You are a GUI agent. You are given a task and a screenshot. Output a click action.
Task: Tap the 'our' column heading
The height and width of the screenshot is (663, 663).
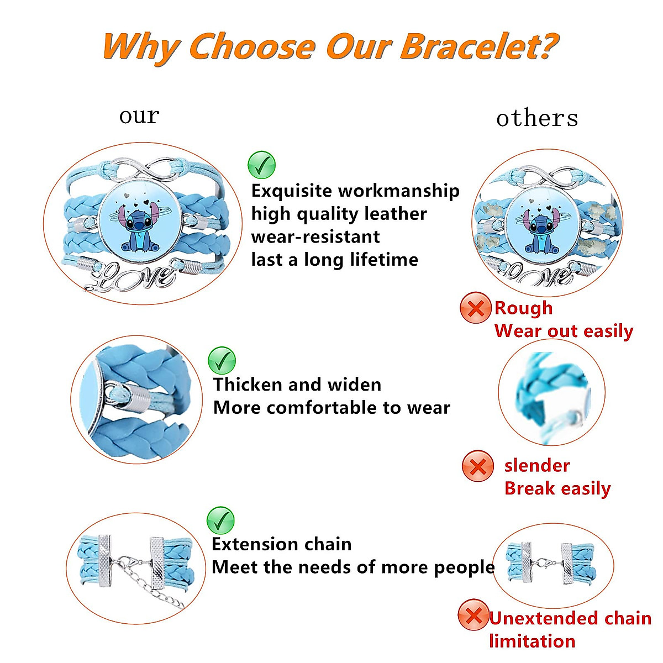[x=139, y=116]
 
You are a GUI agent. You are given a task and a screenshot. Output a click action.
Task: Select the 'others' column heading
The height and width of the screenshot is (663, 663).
[x=537, y=118]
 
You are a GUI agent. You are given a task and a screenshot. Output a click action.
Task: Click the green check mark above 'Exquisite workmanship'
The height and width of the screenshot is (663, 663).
[x=261, y=165]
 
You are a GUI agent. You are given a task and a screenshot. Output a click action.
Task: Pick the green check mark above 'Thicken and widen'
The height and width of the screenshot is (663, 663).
[x=222, y=360]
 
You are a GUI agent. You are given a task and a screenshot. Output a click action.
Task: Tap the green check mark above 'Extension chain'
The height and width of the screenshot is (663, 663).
[x=220, y=520]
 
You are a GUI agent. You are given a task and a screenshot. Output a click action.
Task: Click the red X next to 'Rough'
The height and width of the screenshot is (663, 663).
[x=475, y=308]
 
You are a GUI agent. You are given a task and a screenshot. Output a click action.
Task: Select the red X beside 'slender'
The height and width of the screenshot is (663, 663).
[x=477, y=466]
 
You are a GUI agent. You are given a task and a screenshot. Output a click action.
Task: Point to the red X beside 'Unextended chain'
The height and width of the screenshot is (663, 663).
[x=473, y=614]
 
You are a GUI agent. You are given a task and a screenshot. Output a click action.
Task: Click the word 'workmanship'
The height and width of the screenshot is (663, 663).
[x=398, y=191]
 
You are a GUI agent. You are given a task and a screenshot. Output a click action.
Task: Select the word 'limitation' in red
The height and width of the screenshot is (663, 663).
[x=532, y=641]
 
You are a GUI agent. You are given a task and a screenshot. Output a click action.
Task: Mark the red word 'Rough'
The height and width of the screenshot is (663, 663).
[x=523, y=308]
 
